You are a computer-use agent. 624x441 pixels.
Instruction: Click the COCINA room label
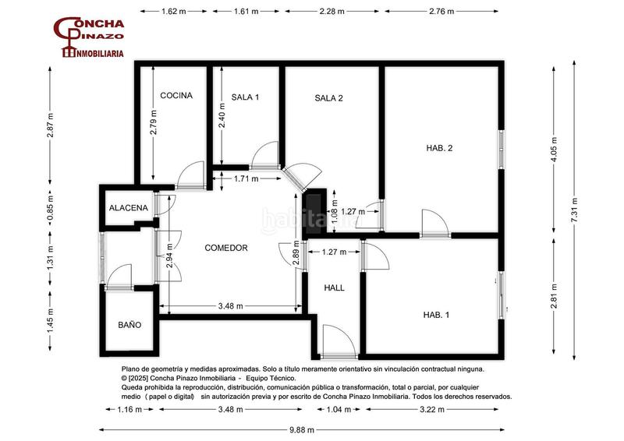[176, 95]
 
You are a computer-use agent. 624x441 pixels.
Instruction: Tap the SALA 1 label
[245, 97]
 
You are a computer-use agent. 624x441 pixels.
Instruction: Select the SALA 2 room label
[328, 98]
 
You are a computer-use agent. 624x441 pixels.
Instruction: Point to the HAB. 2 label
[439, 148]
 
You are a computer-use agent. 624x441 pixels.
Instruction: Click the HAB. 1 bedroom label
[436, 315]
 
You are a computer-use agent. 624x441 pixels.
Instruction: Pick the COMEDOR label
[226, 248]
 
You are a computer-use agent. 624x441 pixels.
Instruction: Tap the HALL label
[335, 288]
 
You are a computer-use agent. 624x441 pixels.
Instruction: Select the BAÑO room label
[129, 325]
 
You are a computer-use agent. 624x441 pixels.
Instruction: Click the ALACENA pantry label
[129, 207]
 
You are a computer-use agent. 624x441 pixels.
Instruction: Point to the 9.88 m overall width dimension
[302, 430]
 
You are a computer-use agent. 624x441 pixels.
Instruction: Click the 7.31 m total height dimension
[574, 210]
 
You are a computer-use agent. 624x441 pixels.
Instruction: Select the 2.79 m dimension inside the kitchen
[154, 122]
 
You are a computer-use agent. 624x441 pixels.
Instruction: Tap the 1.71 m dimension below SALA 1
[246, 178]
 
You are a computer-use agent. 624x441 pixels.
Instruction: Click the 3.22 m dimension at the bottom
[432, 409]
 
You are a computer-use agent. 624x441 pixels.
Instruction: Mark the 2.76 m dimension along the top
[441, 11]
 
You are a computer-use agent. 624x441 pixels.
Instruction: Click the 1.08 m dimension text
[334, 210]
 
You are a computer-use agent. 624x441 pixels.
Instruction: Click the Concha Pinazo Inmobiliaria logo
[89, 37]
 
